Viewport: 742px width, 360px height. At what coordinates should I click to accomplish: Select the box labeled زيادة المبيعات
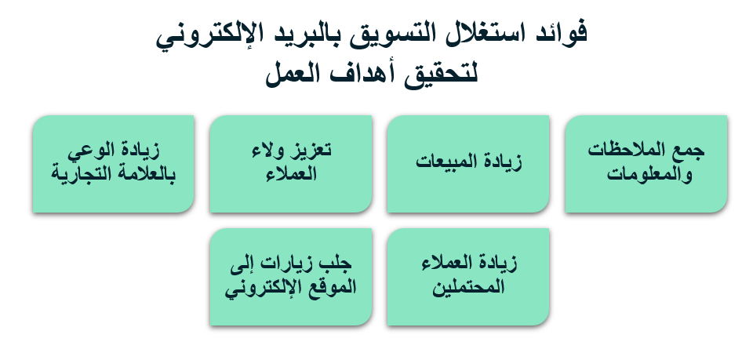pyautogui.click(x=468, y=164)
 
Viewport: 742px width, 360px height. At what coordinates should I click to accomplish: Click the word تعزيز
pyautogui.click(x=311, y=150)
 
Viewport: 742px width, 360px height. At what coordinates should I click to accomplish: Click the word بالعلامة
pyautogui.click(x=145, y=174)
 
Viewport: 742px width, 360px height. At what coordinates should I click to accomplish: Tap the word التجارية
pyautogui.click(x=80, y=174)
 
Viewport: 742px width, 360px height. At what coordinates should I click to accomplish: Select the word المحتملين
pyautogui.click(x=468, y=288)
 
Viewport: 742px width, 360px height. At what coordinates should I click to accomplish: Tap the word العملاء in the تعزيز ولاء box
pyautogui.click(x=291, y=174)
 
